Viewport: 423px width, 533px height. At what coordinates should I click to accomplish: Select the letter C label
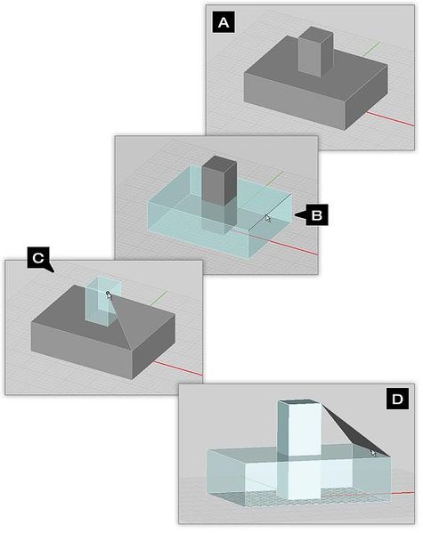[x=37, y=258]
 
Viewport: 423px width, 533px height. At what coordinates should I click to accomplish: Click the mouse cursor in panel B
[x=267, y=218]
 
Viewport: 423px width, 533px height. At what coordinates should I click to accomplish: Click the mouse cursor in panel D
[x=374, y=452]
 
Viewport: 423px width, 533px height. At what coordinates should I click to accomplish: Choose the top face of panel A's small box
[x=314, y=32]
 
